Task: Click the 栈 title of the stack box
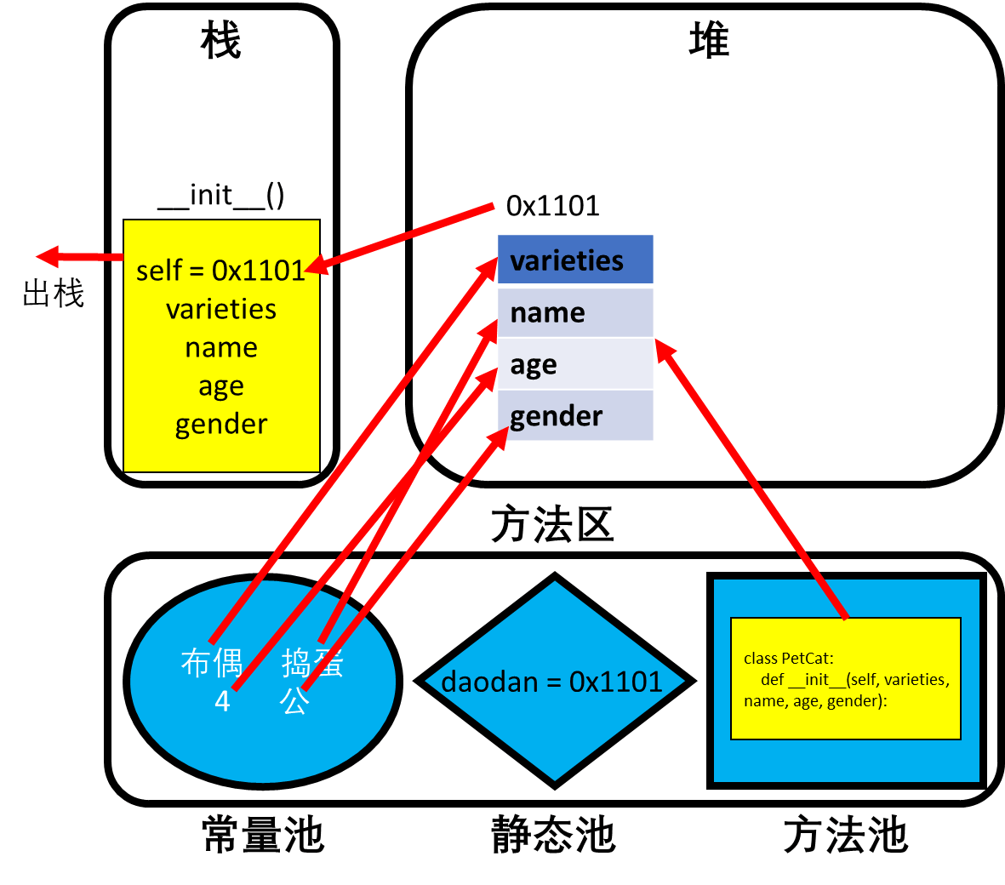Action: [221, 40]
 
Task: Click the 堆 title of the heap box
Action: [709, 40]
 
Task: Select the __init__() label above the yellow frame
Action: [221, 196]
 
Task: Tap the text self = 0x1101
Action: [220, 271]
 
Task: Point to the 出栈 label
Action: [54, 294]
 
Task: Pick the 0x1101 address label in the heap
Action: [552, 206]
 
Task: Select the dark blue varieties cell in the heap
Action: [575, 260]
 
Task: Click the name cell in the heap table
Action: [575, 313]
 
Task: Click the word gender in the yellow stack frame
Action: [221, 425]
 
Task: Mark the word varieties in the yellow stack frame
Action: [221, 310]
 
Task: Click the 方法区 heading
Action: [552, 523]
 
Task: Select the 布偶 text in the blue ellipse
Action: [212, 663]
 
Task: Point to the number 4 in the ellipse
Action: [222, 701]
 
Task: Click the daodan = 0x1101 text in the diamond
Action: [551, 682]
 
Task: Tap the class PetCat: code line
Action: [788, 658]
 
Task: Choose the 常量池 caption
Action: [263, 835]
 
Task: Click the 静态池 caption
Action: [553, 835]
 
